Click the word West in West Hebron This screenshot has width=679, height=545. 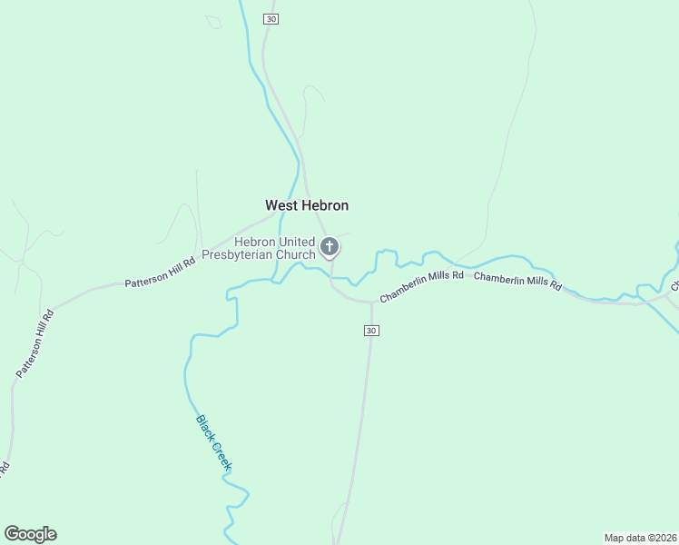point(280,206)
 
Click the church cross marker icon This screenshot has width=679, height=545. point(330,246)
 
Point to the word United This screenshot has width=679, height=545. point(292,243)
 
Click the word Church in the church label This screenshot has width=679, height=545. point(296,255)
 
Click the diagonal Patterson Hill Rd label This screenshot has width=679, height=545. point(36,343)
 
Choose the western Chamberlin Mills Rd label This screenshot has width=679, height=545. point(421,285)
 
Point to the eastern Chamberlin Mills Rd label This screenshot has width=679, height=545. point(517,281)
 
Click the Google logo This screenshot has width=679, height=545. point(30,534)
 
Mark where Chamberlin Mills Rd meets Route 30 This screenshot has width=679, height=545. point(370,302)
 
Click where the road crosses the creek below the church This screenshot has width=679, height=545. point(331,278)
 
